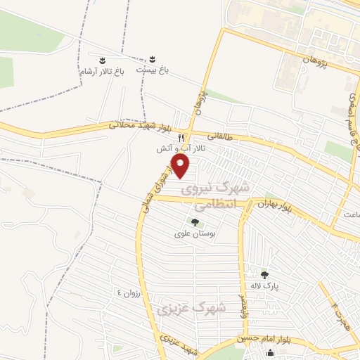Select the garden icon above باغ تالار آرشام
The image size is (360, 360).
tap(102, 59)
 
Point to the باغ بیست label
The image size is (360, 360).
tap(153, 70)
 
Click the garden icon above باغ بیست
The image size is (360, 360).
tap(153, 57)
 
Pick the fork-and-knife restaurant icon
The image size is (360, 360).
tap(181, 138)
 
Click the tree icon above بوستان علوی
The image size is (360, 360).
tap(195, 222)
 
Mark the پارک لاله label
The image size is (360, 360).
tap(266, 286)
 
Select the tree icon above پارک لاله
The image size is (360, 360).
tap(264, 275)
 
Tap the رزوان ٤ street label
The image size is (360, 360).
tap(129, 292)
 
